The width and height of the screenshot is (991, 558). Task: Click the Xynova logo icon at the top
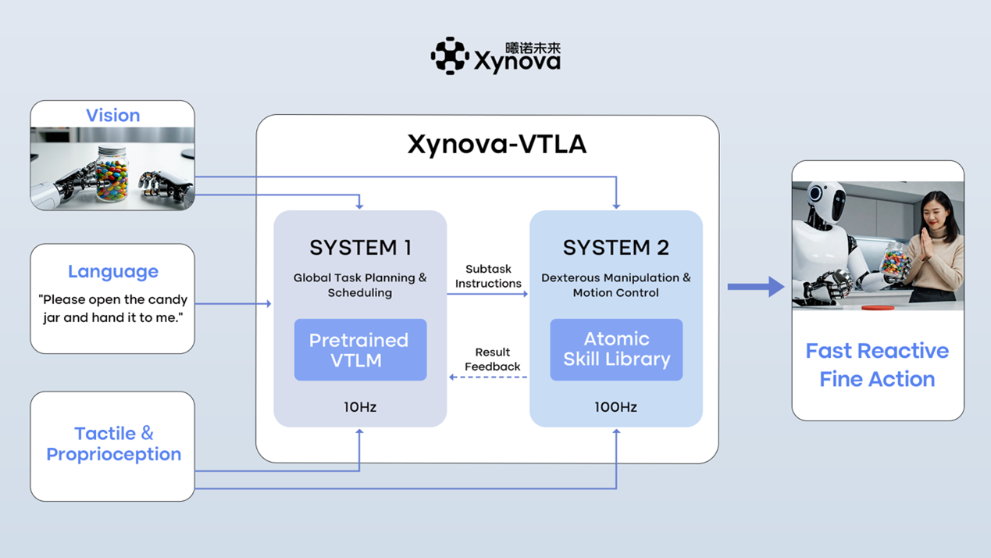(449, 56)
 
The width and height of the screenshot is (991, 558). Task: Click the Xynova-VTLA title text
(497, 145)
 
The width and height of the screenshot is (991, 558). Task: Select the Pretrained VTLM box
(360, 350)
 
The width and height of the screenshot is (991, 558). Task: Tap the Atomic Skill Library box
(616, 349)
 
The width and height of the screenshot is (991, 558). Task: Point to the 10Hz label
(360, 407)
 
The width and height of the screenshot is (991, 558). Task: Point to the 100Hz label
(615, 407)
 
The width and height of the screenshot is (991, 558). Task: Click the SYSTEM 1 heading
(360, 248)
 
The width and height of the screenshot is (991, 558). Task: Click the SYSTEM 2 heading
(615, 248)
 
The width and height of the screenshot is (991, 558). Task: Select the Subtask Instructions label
(488, 277)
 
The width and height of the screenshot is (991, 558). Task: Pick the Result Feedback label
(492, 359)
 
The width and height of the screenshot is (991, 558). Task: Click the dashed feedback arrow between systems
(488, 377)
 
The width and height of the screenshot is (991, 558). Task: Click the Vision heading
(112, 116)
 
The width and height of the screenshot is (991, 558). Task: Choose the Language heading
(112, 271)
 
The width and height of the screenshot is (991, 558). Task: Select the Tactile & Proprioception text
(113, 444)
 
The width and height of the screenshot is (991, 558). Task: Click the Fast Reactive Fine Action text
(877, 365)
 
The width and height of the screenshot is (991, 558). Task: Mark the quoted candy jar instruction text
(112, 309)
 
